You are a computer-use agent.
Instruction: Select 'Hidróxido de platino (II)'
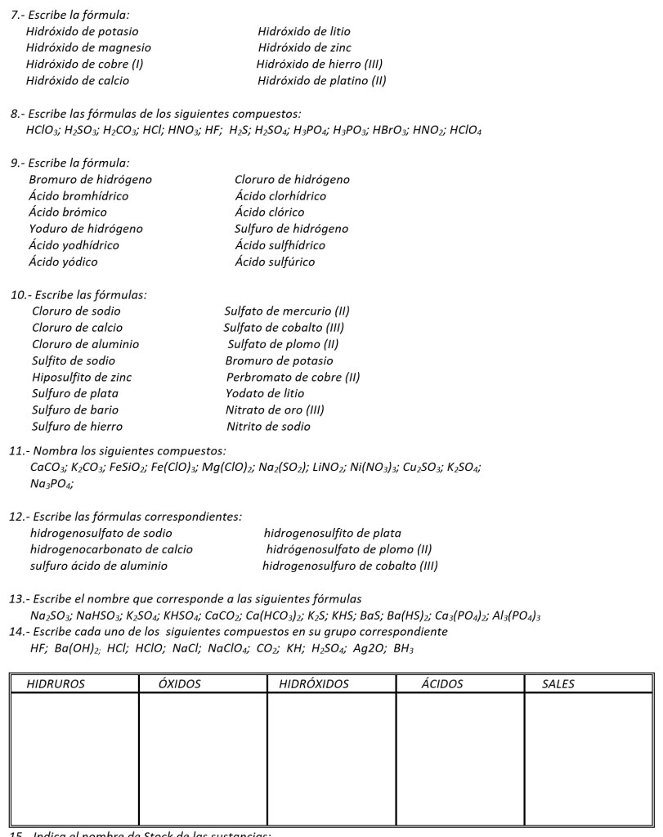point(321,80)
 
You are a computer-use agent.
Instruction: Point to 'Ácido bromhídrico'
point(78,196)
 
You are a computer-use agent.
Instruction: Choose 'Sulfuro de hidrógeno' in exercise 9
point(291,229)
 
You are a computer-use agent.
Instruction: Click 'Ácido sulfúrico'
point(274,262)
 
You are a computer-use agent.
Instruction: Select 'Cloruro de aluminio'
point(85,344)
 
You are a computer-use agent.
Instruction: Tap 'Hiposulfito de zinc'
point(82,377)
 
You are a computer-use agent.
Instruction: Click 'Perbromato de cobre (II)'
point(293,377)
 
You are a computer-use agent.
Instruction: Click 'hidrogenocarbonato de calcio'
point(111,549)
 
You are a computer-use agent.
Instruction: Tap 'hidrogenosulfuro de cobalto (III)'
point(350,566)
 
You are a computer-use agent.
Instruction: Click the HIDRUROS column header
point(56,684)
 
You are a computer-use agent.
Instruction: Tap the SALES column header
point(558,684)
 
